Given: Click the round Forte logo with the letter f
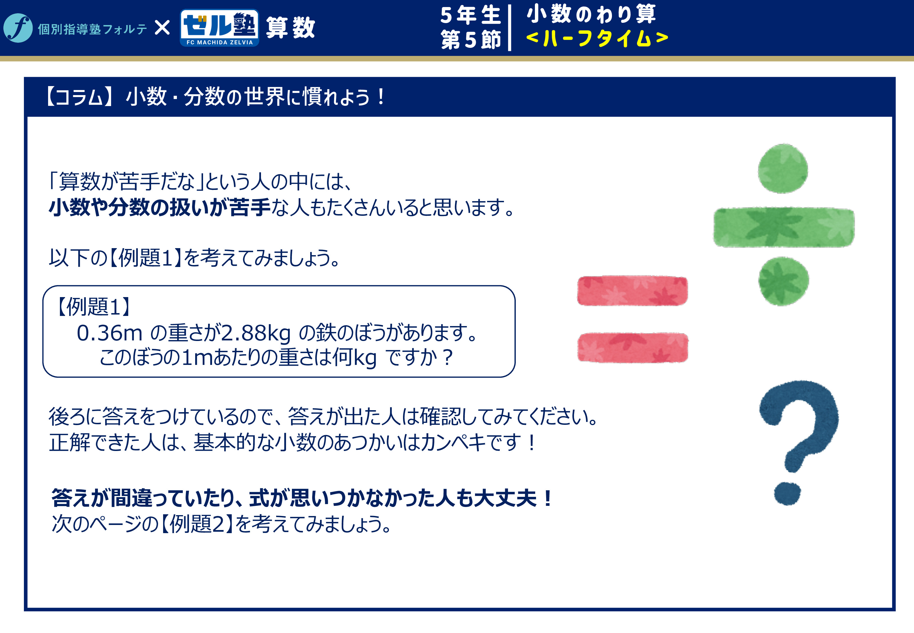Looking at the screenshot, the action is pyautogui.click(x=18, y=28).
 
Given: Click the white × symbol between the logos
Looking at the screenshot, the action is pyautogui.click(x=162, y=28).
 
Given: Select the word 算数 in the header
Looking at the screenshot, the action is pyautogui.click(x=291, y=28).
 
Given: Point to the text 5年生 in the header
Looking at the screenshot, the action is pyautogui.click(x=470, y=15).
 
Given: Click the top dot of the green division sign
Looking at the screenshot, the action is pyautogui.click(x=783, y=169).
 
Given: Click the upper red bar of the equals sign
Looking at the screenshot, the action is pyautogui.click(x=632, y=291).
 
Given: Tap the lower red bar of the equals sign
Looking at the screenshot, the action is pyautogui.click(x=633, y=348).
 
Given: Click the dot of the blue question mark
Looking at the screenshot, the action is pyautogui.click(x=787, y=494).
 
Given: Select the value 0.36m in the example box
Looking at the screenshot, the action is pyautogui.click(x=109, y=333).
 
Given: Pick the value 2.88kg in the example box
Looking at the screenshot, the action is pyautogui.click(x=256, y=333).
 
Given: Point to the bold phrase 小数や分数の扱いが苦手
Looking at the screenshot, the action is pyautogui.click(x=159, y=207).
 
